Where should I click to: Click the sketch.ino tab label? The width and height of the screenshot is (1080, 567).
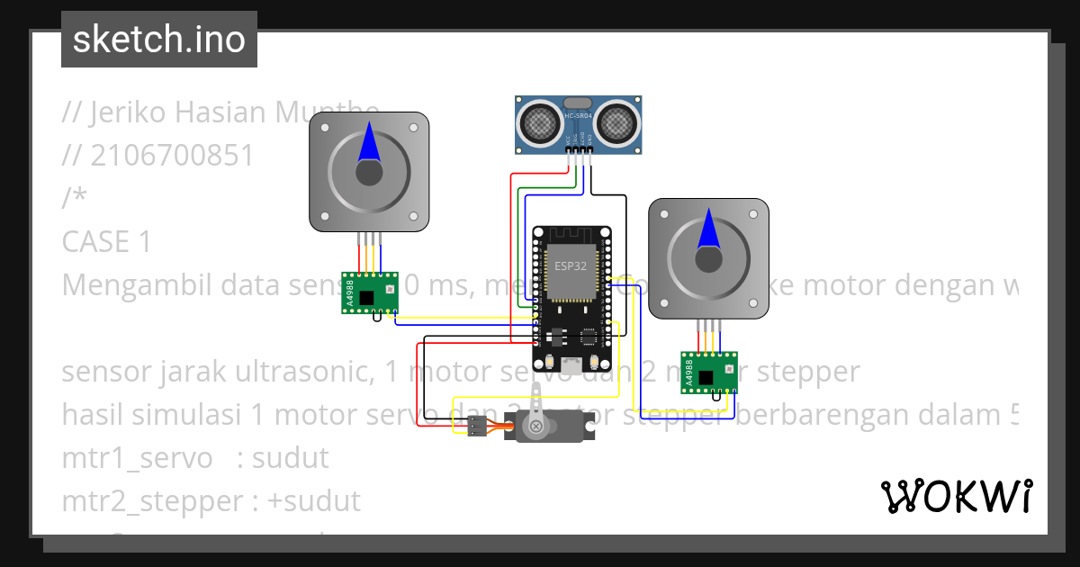coord(159,40)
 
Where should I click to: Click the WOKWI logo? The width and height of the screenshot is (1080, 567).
coord(956,496)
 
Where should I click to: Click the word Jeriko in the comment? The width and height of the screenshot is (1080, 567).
coord(129,112)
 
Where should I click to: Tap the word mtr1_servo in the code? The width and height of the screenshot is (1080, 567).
coord(138,457)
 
